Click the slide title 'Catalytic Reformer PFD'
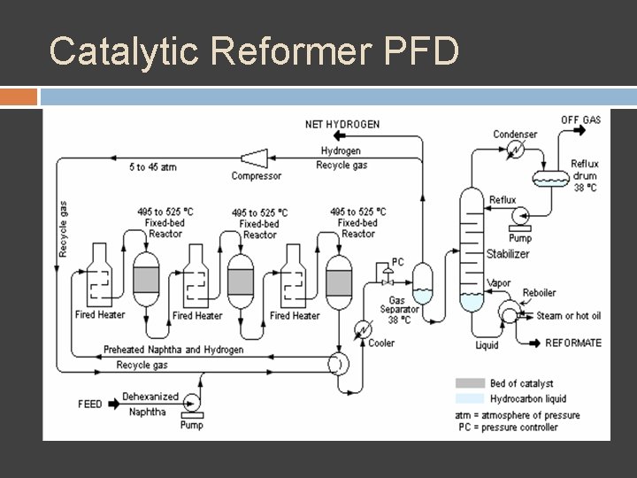[x=254, y=51]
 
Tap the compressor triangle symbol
[x=256, y=158]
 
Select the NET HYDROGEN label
[x=342, y=124]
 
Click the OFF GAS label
[x=580, y=119]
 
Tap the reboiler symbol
[x=510, y=312]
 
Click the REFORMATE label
[x=572, y=343]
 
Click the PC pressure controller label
[x=397, y=262]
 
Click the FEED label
[x=90, y=404]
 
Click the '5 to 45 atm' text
[x=152, y=167]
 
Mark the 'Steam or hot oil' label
[x=569, y=316]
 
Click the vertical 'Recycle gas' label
[x=63, y=229]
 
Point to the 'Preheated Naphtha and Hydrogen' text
[x=173, y=350]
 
